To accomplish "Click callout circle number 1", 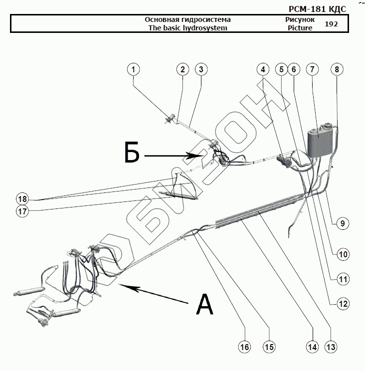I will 133,70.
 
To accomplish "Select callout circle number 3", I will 201,70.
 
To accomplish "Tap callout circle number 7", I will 312,70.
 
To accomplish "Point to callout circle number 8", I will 337,70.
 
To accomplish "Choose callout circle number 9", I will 342,223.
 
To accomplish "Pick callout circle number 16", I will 244,347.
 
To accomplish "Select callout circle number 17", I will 21,211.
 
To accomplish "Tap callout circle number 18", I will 21,198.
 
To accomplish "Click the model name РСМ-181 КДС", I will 317,9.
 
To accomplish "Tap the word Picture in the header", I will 300,28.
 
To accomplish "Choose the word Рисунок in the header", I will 300,19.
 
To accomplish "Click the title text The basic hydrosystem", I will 187,28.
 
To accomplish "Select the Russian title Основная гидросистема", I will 187,19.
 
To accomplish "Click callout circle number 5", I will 282,70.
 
